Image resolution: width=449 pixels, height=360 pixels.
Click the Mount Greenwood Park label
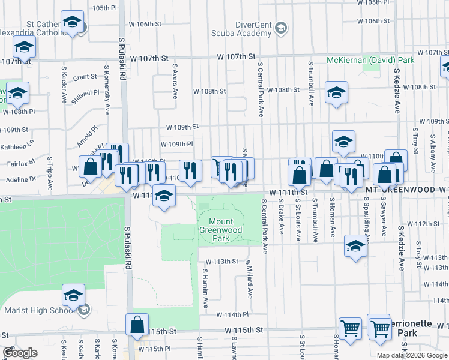(x=221, y=230)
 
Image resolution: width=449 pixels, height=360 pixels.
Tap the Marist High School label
(x=37, y=310)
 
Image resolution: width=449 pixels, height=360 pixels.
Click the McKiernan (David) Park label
(x=370, y=61)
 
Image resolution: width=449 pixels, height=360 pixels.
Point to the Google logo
(x=20, y=353)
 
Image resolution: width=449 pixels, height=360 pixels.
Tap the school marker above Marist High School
(x=73, y=295)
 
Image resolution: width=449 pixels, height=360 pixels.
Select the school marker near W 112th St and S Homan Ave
(x=355, y=246)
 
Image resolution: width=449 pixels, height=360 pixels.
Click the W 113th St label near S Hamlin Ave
(x=221, y=262)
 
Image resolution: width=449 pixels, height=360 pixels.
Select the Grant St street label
(x=85, y=77)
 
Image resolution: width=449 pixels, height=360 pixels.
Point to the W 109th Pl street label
(x=176, y=144)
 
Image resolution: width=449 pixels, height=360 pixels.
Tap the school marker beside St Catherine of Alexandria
(x=72, y=23)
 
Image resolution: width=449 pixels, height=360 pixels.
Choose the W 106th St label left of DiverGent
(x=149, y=24)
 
